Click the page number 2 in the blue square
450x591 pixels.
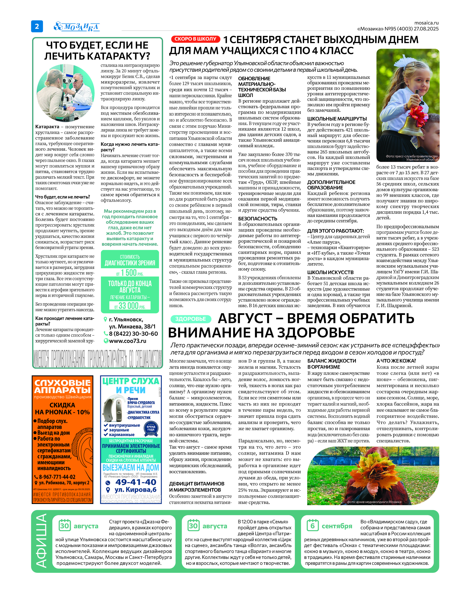pos(37,26)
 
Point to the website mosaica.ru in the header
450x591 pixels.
pos(426,23)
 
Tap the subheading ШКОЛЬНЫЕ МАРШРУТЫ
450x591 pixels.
pos(337,119)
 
